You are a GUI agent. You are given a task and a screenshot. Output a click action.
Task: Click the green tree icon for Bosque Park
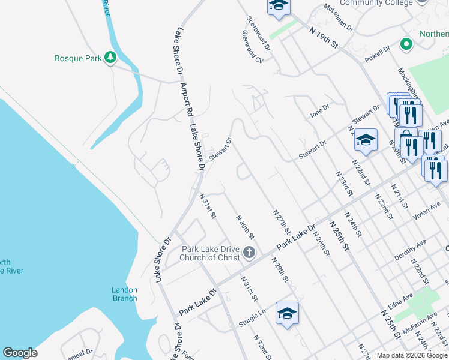[110, 58]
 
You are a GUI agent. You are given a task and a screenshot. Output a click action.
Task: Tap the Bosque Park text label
[77, 58]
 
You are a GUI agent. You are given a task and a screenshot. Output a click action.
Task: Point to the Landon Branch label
[124, 294]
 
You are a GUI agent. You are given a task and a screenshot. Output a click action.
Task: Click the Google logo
[20, 353]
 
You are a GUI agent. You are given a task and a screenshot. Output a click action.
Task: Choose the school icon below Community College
[279, 5]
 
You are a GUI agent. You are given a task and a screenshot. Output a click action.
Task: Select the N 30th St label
[246, 227]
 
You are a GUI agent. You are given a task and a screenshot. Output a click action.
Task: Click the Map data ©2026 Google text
[411, 355]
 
